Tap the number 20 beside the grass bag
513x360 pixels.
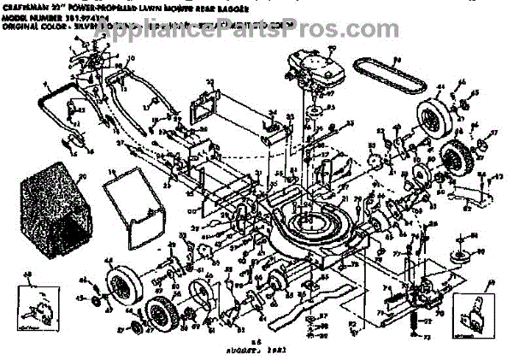(x=83, y=176)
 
